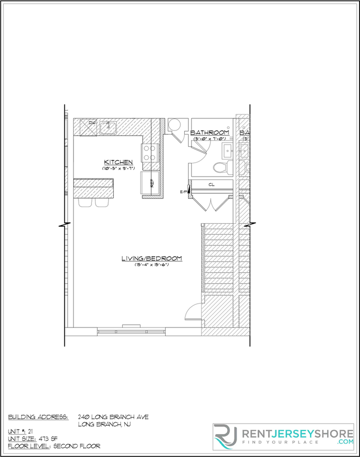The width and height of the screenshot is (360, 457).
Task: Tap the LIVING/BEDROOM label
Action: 151,258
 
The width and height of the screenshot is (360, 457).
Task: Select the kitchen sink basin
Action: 109,127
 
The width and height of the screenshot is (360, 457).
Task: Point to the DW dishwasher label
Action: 92,124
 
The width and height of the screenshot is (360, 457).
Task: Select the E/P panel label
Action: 183,191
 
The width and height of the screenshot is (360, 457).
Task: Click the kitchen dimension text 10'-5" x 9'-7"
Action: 118,168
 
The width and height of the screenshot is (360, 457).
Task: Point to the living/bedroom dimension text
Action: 151,265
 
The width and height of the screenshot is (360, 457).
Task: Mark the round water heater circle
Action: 174,125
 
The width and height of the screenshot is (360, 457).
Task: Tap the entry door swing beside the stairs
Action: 193,312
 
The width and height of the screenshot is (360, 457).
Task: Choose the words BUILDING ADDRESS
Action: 38,417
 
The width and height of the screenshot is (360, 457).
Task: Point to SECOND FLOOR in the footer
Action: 78,447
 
